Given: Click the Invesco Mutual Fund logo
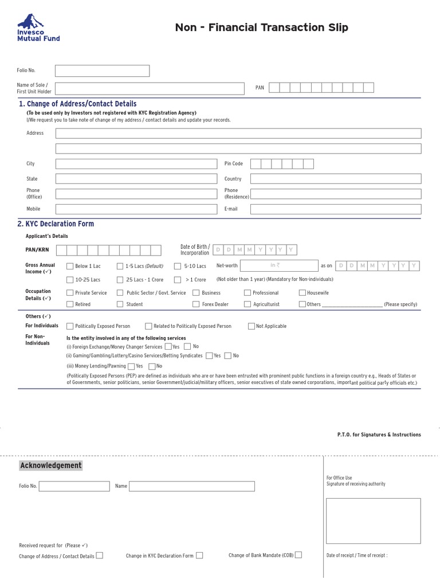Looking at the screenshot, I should point(38,28).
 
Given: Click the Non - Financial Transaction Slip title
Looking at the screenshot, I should point(261,28).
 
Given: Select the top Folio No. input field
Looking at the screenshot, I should point(102,71).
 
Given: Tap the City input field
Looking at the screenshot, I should point(136,164).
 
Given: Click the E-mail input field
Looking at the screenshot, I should point(335,209).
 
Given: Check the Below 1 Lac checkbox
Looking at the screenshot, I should point(70,266).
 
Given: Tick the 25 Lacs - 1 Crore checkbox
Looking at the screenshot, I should point(120,280).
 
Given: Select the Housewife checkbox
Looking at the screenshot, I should point(302,293).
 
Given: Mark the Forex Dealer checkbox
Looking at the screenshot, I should point(196,304).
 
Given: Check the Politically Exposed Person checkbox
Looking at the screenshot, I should point(70,326).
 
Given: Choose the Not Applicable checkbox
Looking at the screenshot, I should point(252,326).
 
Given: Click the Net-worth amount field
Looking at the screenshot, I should point(279,265).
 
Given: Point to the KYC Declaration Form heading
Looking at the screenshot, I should point(56,224).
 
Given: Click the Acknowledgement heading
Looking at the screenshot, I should point(51,465).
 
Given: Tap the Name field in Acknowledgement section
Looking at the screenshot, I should point(191,486).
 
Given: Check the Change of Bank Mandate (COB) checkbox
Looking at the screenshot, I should point(298,555).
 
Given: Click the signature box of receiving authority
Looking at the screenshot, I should point(373,521).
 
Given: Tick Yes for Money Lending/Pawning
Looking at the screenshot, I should point(131,366).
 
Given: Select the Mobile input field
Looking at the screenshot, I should point(136,209).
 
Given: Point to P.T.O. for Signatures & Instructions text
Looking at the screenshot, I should point(379,435).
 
